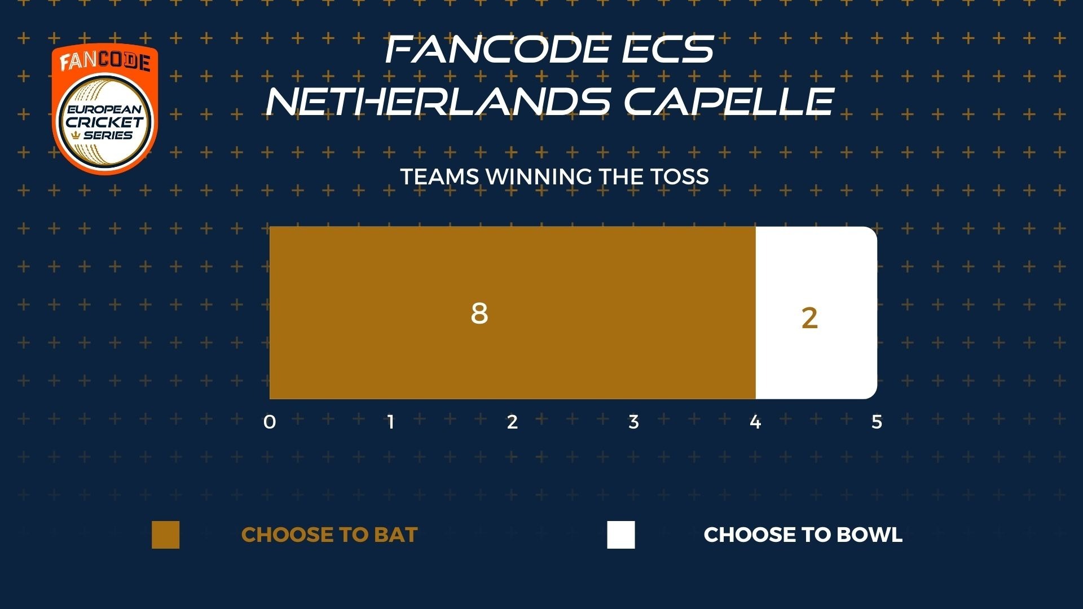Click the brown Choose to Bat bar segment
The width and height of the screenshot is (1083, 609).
512,312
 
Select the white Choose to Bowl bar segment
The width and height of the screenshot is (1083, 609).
816,312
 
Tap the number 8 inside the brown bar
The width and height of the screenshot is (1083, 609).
479,314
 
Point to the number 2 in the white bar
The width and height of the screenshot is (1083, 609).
809,319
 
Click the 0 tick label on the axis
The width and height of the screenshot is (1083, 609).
270,422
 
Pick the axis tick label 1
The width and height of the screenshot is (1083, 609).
391,422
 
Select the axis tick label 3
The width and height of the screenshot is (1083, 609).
633,422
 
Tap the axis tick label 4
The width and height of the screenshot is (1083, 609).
755,422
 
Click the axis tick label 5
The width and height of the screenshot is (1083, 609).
877,422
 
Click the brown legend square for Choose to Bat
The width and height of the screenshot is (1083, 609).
165,535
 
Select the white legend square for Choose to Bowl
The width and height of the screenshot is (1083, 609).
621,535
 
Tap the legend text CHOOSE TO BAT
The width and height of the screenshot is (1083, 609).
329,535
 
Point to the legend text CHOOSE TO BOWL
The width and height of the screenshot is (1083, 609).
803,535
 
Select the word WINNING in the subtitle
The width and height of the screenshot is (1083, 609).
539,177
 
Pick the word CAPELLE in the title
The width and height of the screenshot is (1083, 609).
729,101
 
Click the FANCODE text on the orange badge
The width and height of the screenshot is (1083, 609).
105,61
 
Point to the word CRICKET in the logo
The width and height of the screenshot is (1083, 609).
105,122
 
